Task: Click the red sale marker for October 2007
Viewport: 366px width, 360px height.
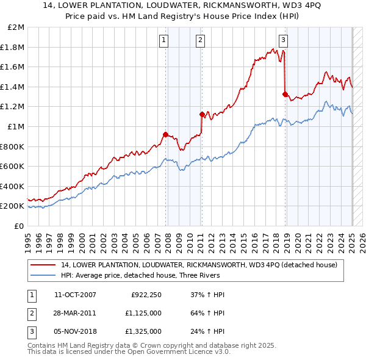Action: (165, 134)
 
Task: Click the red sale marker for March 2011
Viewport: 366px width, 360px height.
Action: (202, 113)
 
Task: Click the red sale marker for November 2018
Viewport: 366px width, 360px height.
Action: (285, 94)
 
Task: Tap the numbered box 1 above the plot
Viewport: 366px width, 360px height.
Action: (164, 41)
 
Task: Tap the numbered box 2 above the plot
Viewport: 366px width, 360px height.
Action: (200, 41)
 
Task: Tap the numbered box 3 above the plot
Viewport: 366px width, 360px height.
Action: (284, 41)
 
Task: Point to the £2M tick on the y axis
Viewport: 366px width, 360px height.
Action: (16, 27)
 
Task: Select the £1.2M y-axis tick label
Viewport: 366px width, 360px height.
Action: (13, 107)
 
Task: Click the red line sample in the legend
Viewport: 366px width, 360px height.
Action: (44, 265)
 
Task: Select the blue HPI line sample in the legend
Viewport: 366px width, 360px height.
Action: (44, 275)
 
